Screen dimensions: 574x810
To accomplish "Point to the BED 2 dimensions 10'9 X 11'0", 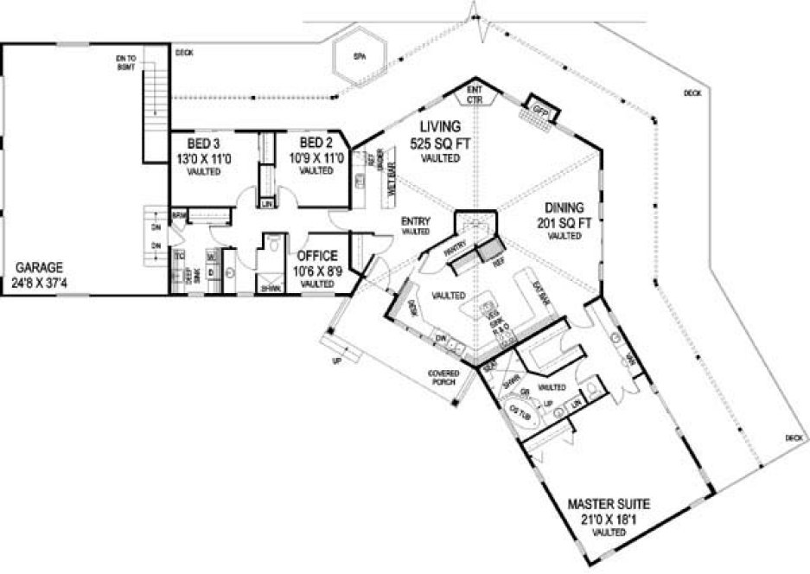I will pyautogui.click(x=316, y=158).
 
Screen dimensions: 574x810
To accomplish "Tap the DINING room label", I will pyautogui.click(x=564, y=207).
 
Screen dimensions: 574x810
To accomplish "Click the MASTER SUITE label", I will pyautogui.click(x=608, y=502).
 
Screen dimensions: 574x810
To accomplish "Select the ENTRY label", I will pyautogui.click(x=416, y=221).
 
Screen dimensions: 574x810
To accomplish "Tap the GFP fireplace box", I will pyautogui.click(x=542, y=110).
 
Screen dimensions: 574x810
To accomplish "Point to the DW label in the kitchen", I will pyautogui.click(x=441, y=338).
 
